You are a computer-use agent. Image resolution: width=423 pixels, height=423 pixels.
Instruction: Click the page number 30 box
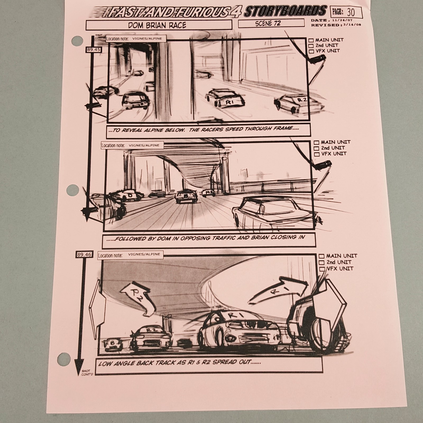pos(346,12)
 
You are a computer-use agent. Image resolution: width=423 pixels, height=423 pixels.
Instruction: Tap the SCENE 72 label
pos(268,23)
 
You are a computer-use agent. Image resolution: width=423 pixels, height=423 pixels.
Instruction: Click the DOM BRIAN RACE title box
pos(159,25)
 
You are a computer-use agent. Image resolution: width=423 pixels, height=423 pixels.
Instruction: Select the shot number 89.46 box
pos(84,255)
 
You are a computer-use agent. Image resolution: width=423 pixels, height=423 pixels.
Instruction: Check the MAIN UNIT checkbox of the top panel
pos(311,40)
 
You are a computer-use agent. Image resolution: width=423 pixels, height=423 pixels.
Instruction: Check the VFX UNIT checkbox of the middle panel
pos(317,154)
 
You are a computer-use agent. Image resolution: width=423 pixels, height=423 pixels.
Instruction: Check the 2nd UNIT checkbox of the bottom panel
pos(322,263)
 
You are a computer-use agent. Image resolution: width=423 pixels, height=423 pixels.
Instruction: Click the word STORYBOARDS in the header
pos(286,11)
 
